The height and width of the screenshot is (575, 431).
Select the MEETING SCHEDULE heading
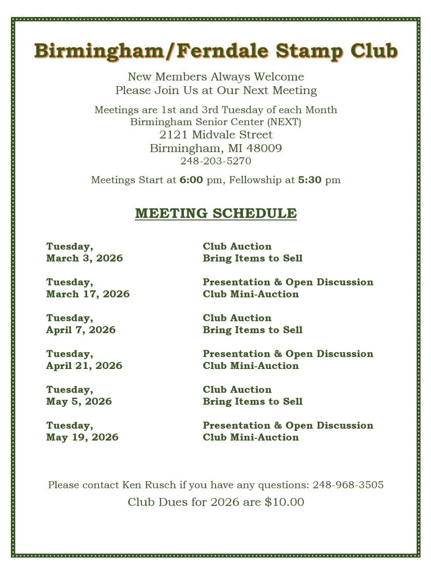point(216,213)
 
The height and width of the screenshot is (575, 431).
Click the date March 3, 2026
point(84,258)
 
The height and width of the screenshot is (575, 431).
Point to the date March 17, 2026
point(88,294)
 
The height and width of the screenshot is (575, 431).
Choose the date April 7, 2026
point(81,330)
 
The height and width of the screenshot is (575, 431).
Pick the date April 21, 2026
point(84,365)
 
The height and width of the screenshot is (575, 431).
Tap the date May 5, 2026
point(79,401)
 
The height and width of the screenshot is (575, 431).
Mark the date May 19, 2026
point(82,437)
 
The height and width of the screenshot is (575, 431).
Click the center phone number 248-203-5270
point(216,161)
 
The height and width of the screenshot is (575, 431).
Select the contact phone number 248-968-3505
point(348,485)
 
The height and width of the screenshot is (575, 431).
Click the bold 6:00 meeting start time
point(191,180)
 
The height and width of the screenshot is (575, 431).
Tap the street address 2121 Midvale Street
point(216,135)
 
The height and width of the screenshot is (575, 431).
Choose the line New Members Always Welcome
point(216,77)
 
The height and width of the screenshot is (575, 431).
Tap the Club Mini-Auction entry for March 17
point(251,294)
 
